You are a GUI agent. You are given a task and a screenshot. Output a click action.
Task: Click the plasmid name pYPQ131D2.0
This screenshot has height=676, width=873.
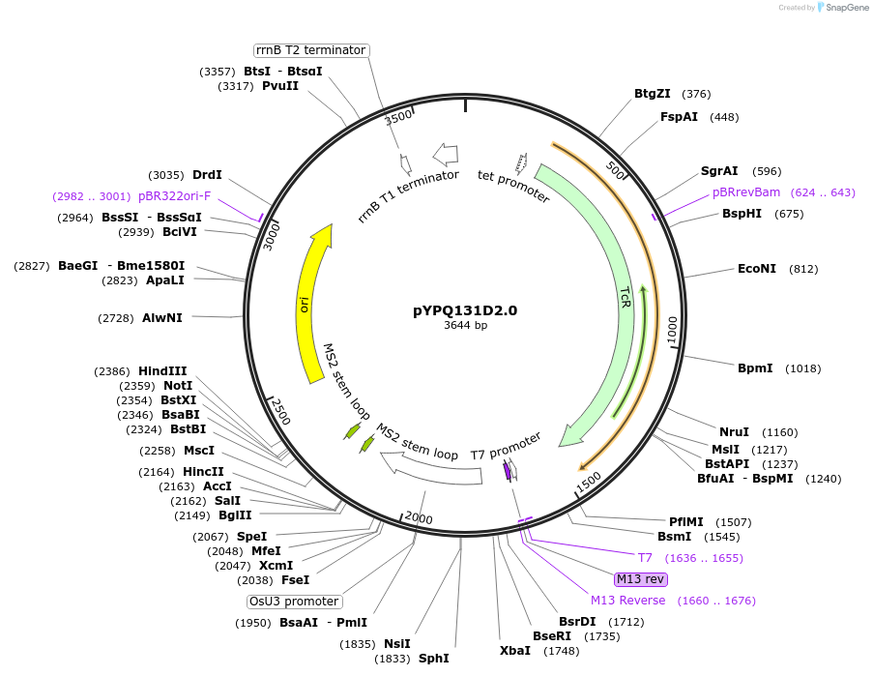[x=465, y=310]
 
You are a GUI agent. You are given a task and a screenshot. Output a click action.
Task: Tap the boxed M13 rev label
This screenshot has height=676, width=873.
[x=640, y=579]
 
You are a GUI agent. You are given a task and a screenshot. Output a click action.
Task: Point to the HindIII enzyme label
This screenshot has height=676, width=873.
[x=162, y=371]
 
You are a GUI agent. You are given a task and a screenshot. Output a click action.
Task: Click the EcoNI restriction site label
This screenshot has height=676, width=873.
[x=756, y=269]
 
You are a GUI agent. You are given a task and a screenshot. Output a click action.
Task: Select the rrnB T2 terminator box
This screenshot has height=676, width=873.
[x=310, y=50]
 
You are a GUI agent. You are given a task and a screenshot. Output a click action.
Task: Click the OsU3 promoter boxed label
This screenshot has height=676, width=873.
[x=294, y=602]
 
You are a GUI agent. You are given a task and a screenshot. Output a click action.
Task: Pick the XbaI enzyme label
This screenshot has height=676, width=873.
[x=514, y=651]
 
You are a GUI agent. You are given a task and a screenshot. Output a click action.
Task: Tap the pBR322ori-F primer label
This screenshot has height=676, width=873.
[x=174, y=195]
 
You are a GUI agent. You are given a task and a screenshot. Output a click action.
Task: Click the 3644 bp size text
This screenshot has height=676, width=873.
[x=465, y=326]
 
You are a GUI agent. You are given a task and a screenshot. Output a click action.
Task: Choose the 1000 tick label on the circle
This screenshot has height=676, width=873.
[x=672, y=328]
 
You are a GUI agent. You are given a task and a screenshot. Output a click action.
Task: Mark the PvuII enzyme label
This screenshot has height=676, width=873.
[x=280, y=86]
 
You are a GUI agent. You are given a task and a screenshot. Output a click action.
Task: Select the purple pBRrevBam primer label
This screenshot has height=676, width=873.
[x=745, y=192]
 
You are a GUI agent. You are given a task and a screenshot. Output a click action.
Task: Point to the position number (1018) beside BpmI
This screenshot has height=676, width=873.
[x=802, y=368]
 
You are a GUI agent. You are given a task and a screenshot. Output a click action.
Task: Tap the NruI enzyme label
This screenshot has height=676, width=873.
[x=734, y=432]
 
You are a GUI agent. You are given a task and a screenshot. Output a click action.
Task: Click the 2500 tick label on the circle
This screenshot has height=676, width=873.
[x=279, y=410]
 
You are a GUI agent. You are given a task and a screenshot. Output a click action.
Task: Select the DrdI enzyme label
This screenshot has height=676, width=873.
[x=207, y=175]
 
